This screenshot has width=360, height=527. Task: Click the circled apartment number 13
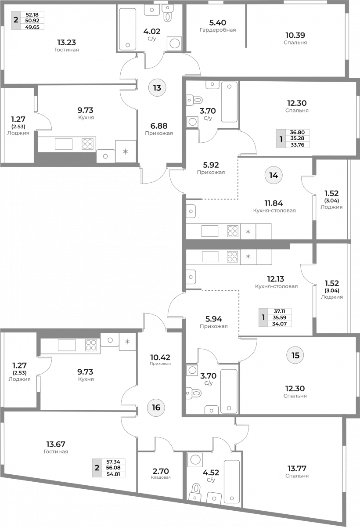[157, 88]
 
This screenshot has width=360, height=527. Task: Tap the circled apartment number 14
[274, 175]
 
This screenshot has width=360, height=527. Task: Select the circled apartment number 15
[295, 355]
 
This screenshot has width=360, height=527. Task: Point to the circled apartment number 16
[156, 407]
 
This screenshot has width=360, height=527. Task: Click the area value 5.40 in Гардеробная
[217, 22]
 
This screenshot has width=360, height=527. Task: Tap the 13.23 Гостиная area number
[67, 42]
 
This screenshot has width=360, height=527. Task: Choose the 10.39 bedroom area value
[295, 35]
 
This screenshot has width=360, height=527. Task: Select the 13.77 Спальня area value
[297, 469]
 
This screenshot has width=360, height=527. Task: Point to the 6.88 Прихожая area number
[159, 126]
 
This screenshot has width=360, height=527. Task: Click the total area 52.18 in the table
[32, 14]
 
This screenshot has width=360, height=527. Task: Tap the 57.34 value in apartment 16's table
[113, 462]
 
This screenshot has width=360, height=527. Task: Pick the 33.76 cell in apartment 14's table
[297, 144]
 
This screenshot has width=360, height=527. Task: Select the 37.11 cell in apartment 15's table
[279, 311]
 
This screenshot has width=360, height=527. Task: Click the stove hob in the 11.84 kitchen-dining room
[233, 231]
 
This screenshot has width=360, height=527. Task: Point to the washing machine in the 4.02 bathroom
[174, 43]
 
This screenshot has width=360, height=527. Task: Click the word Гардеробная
[218, 30]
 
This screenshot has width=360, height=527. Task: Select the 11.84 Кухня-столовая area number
[274, 203]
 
